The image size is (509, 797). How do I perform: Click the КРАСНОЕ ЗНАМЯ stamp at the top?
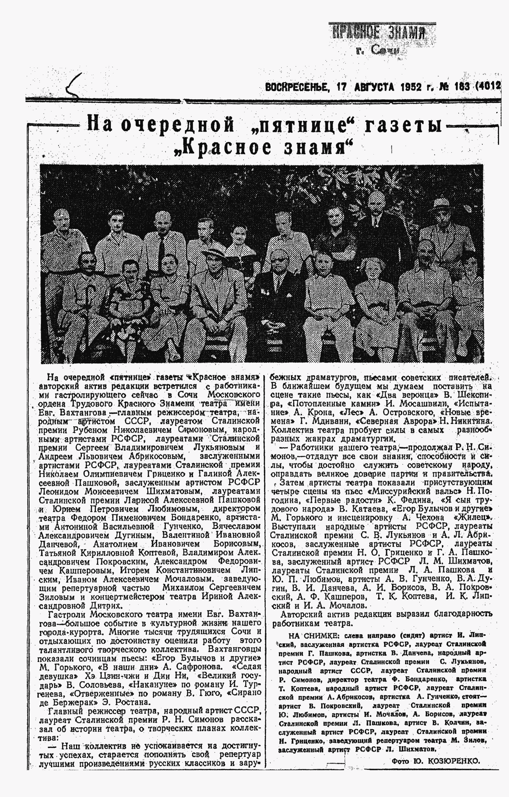point(379,32)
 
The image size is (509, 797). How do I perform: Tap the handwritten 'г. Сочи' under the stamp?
point(377,50)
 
